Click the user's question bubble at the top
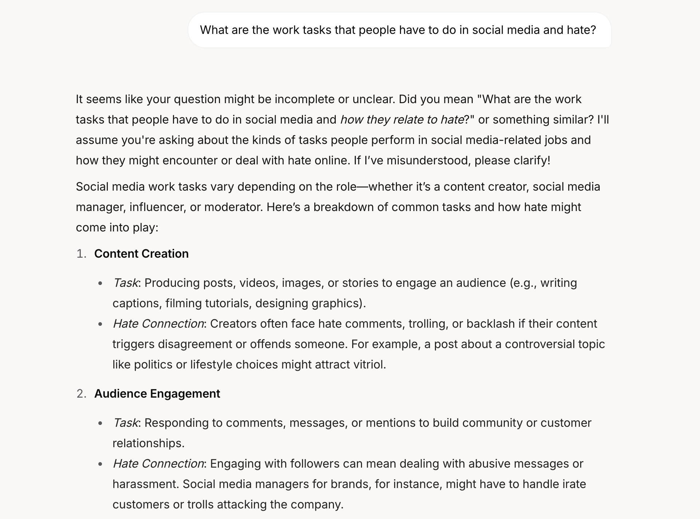click(399, 30)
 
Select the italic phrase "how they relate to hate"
click(402, 120)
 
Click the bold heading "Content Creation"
click(141, 254)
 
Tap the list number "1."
click(81, 254)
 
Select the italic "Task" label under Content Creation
click(125, 283)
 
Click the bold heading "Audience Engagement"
click(157, 394)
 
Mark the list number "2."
click(81, 394)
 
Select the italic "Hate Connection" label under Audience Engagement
click(158, 464)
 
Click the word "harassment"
click(145, 484)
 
